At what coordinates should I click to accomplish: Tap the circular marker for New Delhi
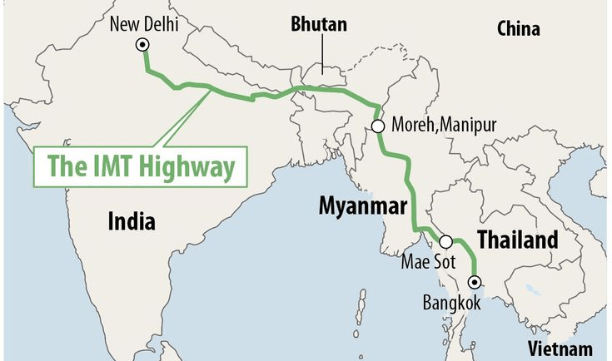pyautogui.click(x=143, y=46)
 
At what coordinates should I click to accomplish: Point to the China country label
pyautogui.click(x=518, y=29)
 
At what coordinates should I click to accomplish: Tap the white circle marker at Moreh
pyautogui.click(x=378, y=126)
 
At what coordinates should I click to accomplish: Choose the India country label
pyautogui.click(x=131, y=221)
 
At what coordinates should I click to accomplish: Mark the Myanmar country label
pyautogui.click(x=363, y=207)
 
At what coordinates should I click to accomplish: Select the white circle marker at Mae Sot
pyautogui.click(x=446, y=242)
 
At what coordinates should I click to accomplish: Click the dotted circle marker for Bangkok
pyautogui.click(x=475, y=281)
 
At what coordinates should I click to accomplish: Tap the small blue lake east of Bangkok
pyautogui.click(x=533, y=290)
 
